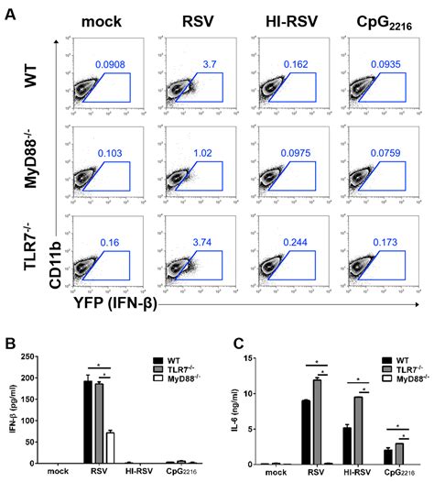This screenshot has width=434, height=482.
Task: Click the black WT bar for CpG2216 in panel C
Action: pos(387,455)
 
